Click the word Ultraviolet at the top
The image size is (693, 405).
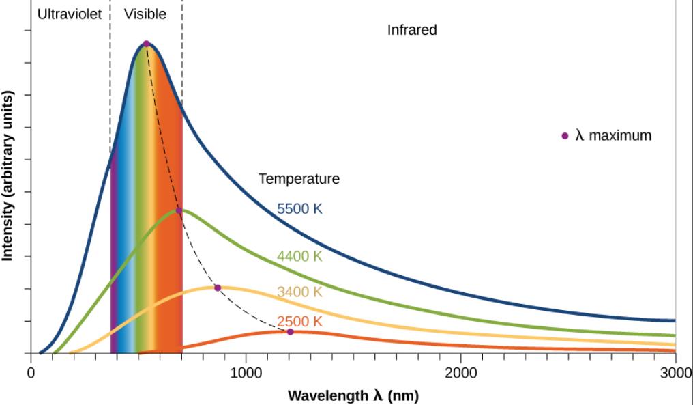point(70,14)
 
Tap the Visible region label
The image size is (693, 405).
point(145,14)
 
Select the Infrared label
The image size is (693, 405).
point(412,30)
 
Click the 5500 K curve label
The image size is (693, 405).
point(299,209)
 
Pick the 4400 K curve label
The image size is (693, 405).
point(299,257)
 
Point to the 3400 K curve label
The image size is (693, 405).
point(299,292)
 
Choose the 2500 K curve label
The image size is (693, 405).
point(299,321)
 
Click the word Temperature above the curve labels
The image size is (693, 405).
point(299,179)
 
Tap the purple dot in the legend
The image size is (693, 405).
point(565,135)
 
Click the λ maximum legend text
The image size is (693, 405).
point(613,135)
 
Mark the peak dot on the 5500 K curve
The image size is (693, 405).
point(146,44)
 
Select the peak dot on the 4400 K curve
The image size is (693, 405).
point(179,210)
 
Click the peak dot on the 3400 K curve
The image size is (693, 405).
point(218,288)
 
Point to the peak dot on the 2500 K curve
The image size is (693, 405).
point(290,332)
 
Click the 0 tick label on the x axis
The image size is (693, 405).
point(31,372)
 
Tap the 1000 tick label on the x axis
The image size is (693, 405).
point(246,372)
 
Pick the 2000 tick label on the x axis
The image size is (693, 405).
point(460,372)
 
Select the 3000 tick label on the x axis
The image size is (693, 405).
point(675,372)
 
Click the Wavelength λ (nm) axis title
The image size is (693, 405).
point(353,395)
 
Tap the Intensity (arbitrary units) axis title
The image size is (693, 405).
point(8,175)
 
